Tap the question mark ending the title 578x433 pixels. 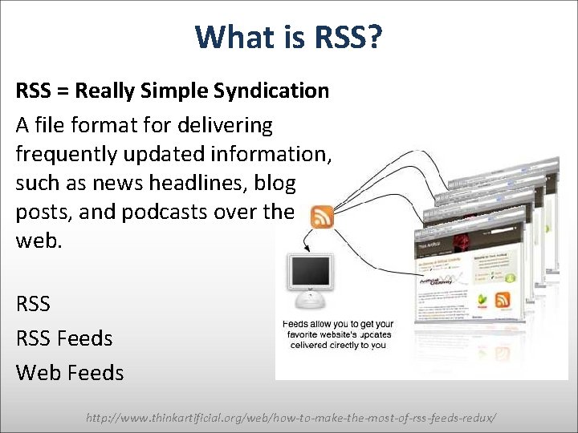pos(374,37)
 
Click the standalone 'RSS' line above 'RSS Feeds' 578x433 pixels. pos(33,304)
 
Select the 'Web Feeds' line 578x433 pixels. pos(70,373)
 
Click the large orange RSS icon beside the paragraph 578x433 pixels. pos(321,217)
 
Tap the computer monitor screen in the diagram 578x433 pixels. pos(311,273)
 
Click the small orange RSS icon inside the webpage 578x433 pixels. pos(503,301)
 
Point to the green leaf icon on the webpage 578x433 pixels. pos(482,301)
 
